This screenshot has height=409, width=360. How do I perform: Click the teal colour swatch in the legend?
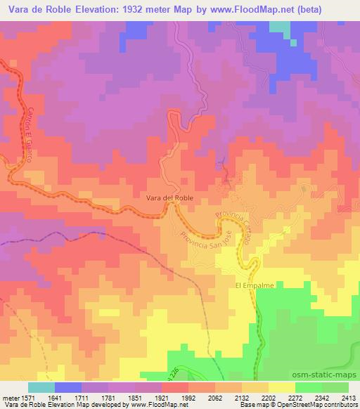(x=41, y=387)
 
